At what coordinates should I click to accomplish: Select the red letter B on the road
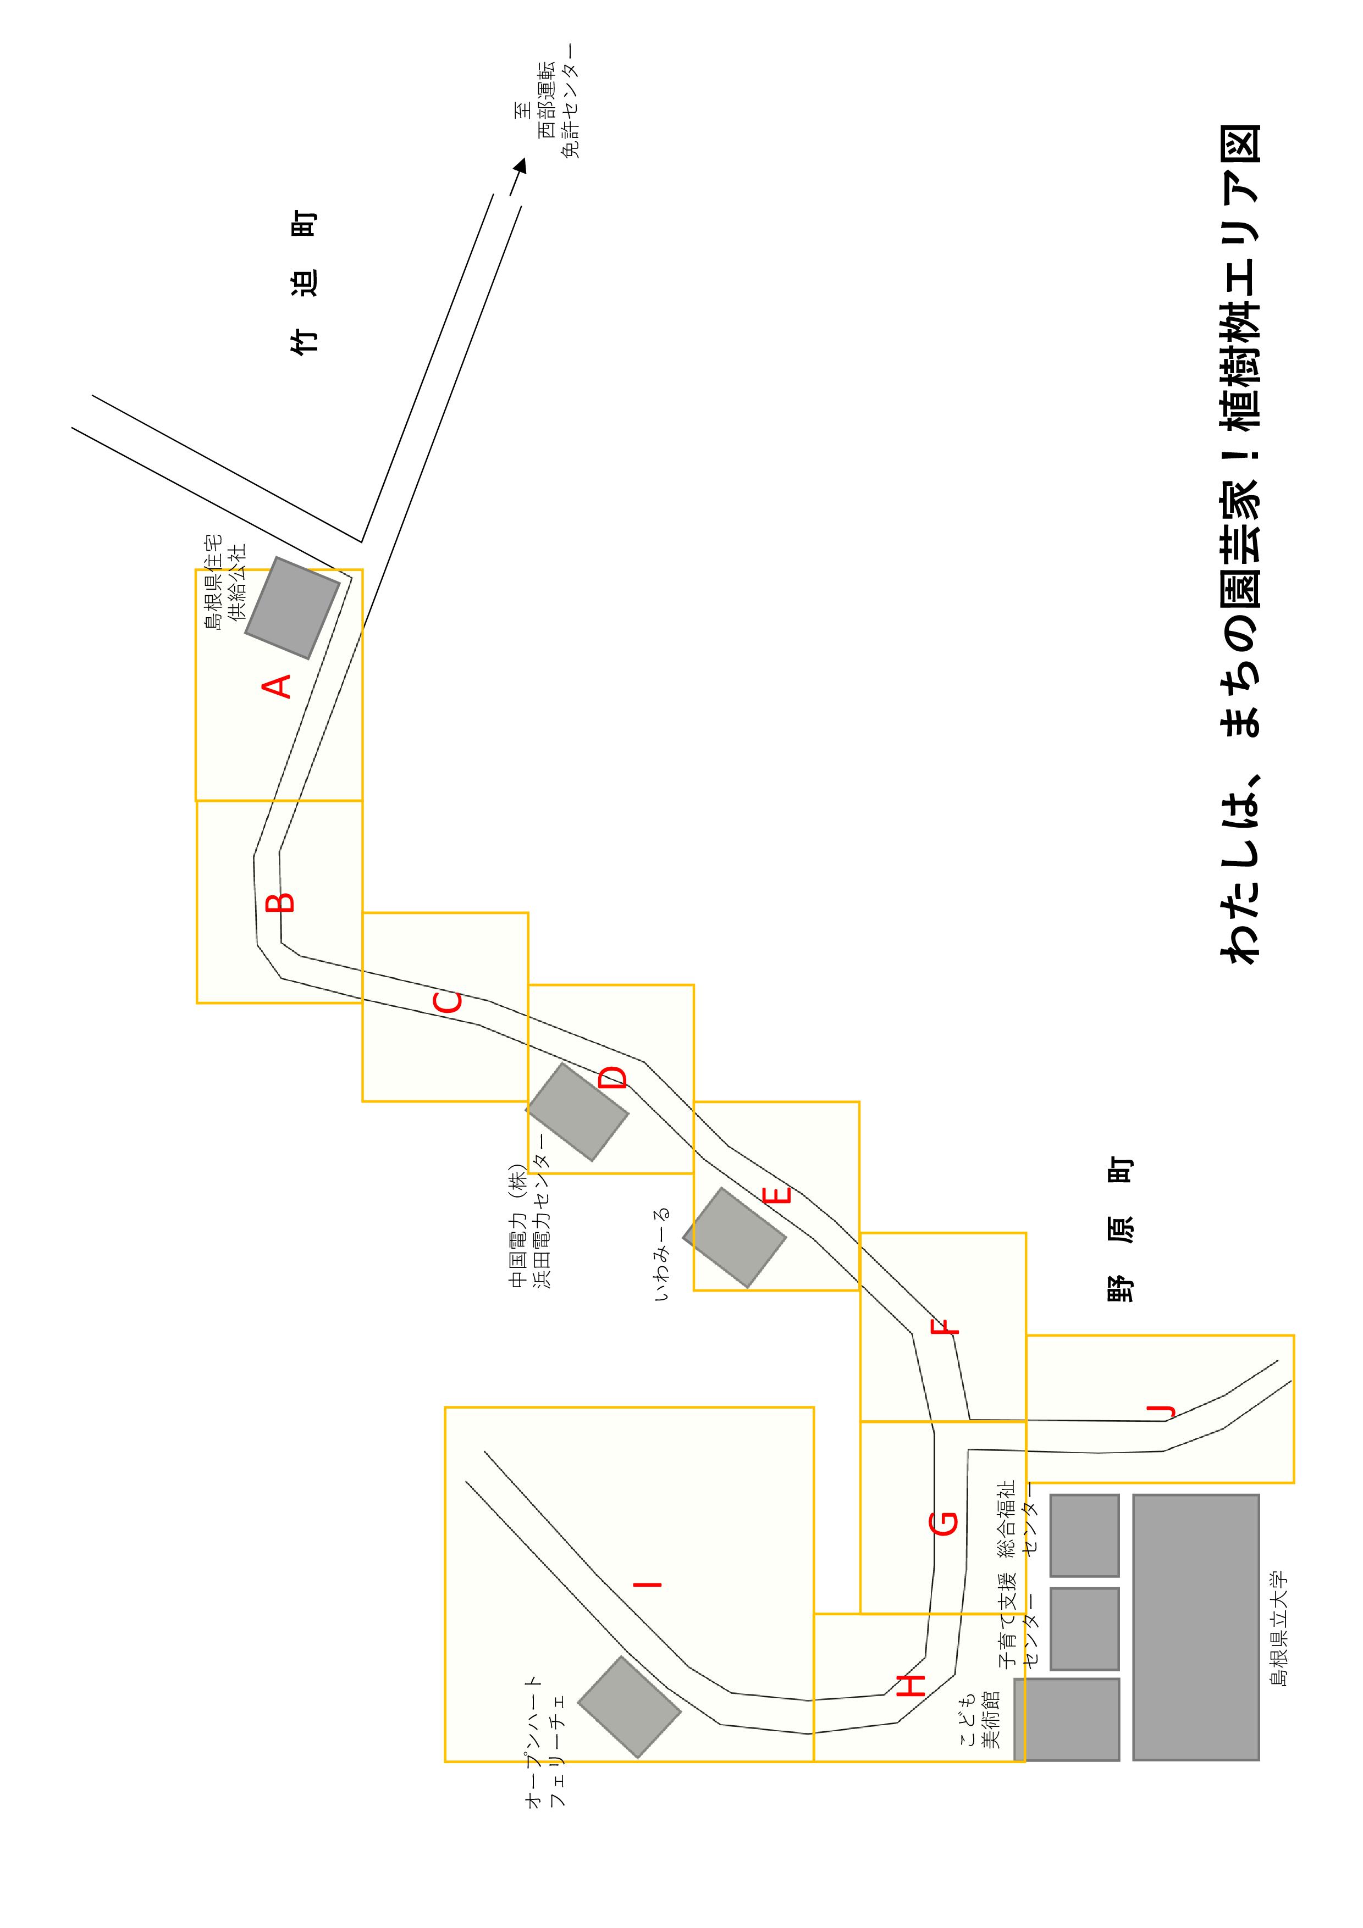[280, 902]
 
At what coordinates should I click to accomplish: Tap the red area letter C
[447, 1002]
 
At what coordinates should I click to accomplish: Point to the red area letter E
[779, 1194]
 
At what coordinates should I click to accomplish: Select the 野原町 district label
[1119, 1230]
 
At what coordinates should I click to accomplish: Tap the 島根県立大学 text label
[1277, 1627]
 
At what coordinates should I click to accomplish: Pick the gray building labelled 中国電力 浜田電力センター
[577, 1112]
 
